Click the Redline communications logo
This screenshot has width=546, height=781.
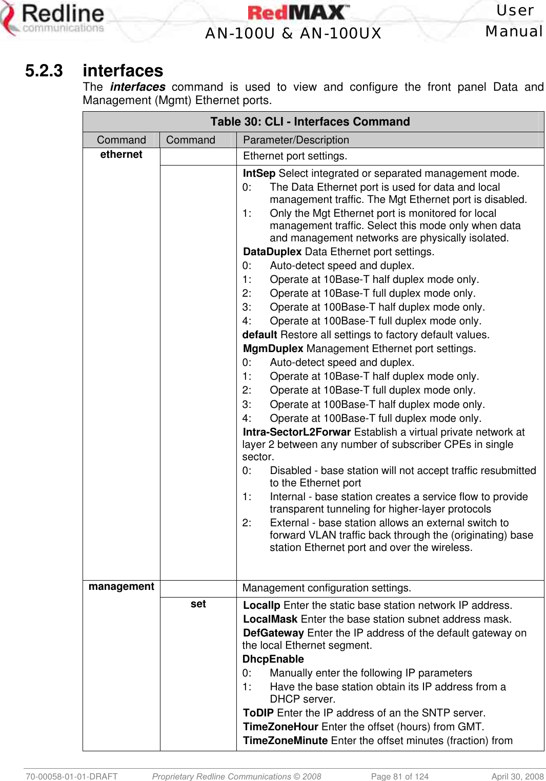point(54,19)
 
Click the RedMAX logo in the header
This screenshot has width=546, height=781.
point(298,12)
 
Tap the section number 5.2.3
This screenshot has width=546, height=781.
point(44,71)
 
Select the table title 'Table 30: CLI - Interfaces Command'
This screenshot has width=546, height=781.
point(310,121)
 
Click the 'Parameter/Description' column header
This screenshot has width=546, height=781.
point(296,140)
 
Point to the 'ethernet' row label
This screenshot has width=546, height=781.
point(121,154)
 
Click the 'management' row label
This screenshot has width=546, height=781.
point(121,586)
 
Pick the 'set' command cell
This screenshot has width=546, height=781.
point(198,604)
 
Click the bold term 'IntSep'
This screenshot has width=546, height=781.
point(259,173)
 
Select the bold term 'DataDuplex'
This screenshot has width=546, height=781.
point(272,252)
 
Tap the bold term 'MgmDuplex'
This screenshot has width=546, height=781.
point(273,348)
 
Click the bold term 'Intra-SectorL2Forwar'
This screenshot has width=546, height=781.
point(297,432)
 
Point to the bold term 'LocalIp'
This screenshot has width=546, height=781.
point(261,605)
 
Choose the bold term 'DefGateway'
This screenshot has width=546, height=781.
point(273,633)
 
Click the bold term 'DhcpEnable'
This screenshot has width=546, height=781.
point(273,659)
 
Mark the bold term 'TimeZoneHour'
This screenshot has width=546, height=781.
point(280,727)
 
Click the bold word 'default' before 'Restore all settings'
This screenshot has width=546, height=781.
point(260,335)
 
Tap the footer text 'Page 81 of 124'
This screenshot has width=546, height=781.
point(399,776)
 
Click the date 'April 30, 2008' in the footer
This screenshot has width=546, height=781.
point(517,776)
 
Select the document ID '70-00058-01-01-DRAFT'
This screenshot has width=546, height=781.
point(72,776)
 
